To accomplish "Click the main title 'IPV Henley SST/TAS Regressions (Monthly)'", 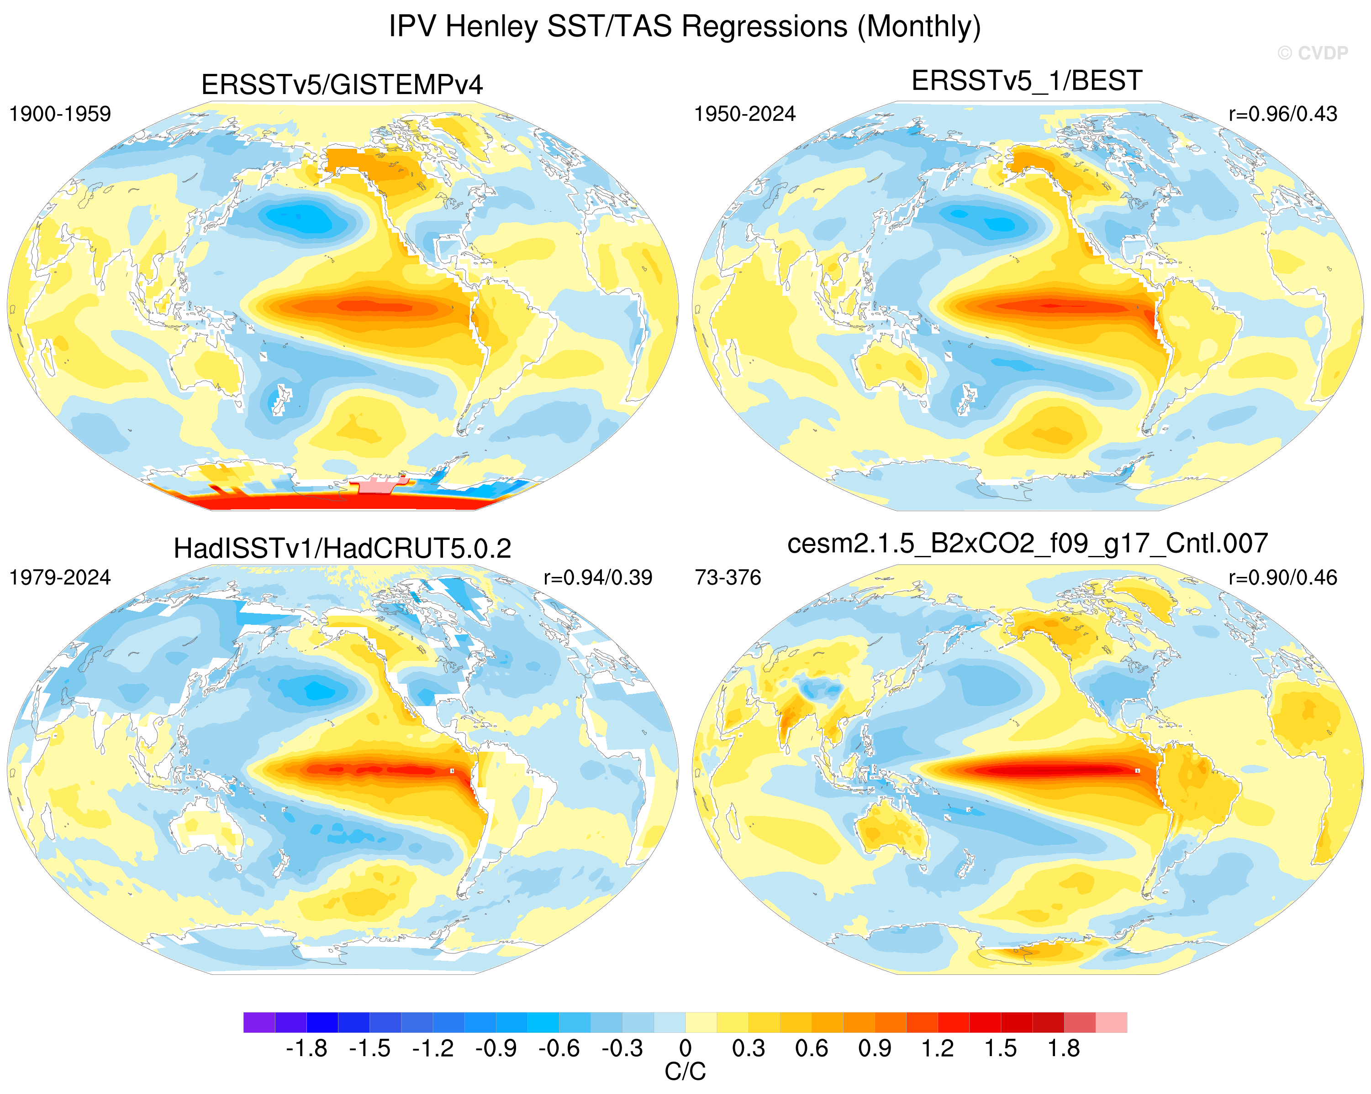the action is click(685, 26).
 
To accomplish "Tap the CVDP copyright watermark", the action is click(1313, 53).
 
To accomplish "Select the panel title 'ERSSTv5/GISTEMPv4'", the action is click(342, 84).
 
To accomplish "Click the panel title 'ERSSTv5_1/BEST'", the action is click(1027, 81).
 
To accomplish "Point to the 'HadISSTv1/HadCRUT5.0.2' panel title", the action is click(342, 549).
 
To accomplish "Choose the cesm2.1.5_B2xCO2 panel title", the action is click(1028, 544).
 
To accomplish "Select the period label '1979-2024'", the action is click(60, 577).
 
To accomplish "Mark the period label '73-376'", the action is click(728, 577).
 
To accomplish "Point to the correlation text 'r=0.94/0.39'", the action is click(598, 577).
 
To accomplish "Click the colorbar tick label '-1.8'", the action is click(306, 1047).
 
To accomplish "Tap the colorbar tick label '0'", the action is click(685, 1047).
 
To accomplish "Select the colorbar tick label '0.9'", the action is click(875, 1047).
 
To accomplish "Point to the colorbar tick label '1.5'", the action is click(1000, 1047).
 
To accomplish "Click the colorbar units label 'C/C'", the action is click(685, 1072).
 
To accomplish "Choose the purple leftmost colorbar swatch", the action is click(259, 1022).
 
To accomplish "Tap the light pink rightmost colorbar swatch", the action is click(1112, 1022).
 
